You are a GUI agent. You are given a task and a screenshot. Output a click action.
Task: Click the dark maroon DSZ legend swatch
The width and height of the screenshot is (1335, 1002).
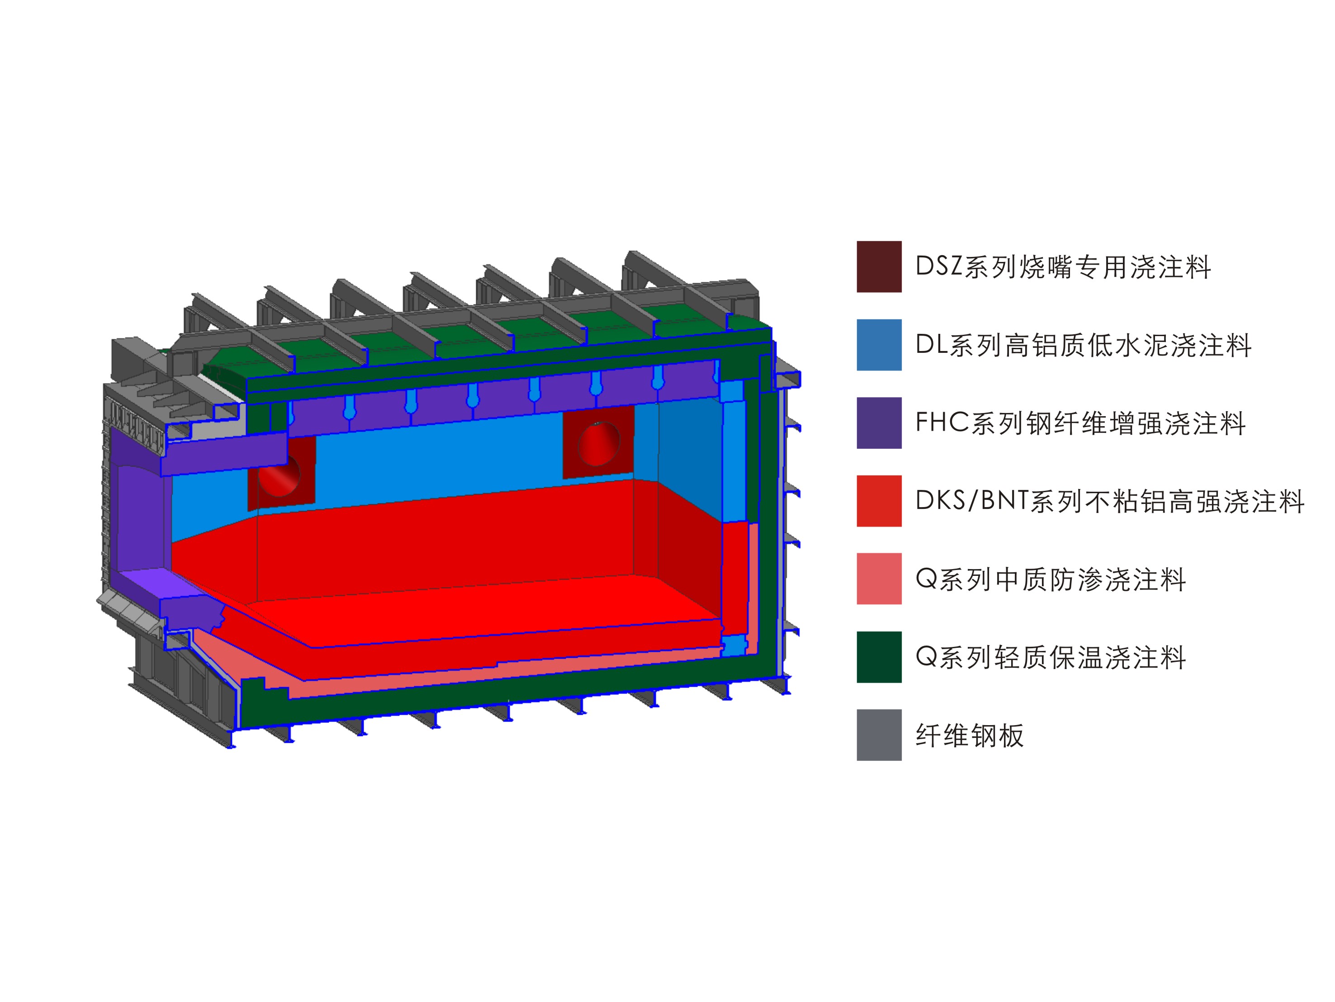point(879,267)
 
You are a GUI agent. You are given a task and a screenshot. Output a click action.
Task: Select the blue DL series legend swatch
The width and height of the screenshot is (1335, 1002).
point(879,345)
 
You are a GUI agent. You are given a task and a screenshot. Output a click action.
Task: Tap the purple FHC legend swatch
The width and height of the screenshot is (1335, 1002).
point(879,423)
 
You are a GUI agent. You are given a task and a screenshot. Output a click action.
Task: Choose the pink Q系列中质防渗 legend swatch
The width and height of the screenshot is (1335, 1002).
point(879,578)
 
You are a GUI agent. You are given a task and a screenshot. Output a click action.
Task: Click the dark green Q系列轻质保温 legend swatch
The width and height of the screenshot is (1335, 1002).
point(879,657)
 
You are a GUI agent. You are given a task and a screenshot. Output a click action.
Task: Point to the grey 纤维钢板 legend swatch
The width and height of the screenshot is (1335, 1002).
point(879,735)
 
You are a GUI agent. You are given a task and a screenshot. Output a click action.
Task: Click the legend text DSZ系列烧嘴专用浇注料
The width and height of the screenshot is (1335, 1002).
point(1063,267)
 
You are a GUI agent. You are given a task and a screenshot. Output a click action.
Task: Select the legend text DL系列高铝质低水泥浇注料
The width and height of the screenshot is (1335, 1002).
point(1083,345)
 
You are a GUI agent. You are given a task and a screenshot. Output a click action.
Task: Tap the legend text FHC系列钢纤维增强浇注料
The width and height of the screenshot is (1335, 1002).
point(1080,423)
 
